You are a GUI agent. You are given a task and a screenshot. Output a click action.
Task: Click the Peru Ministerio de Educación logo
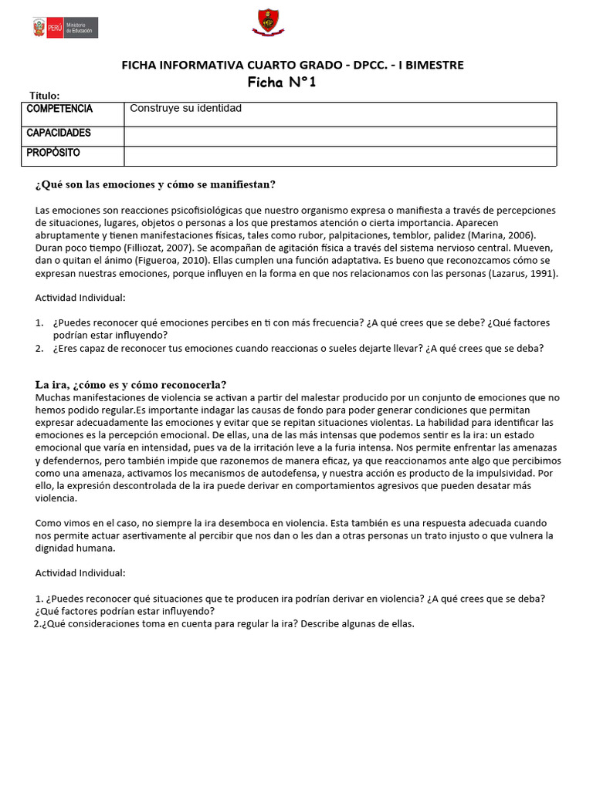[65, 28]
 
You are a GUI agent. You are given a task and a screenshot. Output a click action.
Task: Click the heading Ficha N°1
[282, 83]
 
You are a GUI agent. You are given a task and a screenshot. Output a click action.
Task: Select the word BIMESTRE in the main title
[432, 66]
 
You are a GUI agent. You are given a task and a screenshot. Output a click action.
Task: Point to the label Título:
[45, 95]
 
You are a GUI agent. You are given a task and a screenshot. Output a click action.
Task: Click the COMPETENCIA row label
[59, 109]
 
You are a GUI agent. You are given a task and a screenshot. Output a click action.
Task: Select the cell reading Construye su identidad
[185, 109]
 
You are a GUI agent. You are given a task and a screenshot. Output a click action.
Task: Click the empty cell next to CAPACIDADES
[340, 137]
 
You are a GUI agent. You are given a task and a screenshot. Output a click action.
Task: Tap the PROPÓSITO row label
[53, 153]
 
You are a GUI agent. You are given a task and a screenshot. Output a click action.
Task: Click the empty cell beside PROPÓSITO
[340, 156]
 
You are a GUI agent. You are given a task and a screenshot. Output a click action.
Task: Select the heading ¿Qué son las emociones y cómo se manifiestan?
[155, 184]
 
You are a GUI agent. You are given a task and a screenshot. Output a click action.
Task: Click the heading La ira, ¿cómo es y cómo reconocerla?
[130, 385]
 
